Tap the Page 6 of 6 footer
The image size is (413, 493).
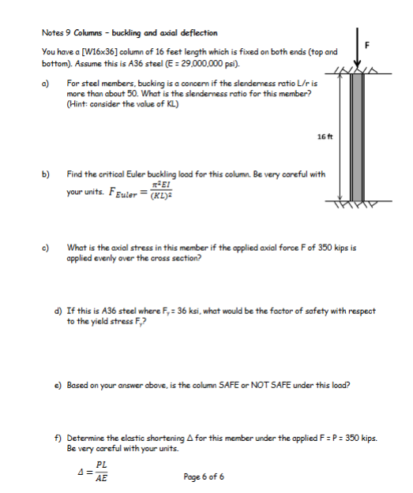204,476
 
